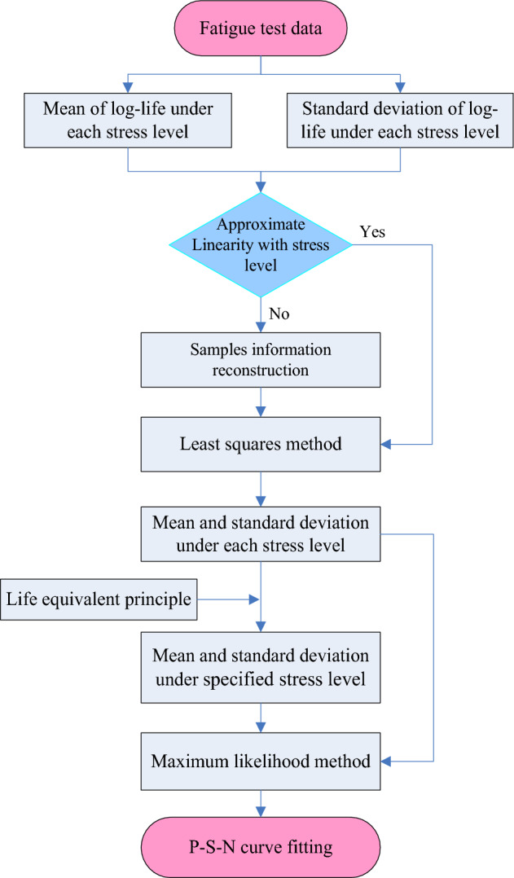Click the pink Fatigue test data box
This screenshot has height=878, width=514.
point(260,29)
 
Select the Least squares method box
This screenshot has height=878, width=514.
point(260,444)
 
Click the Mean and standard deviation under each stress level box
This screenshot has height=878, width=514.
point(260,533)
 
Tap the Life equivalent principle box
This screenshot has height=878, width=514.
point(99,601)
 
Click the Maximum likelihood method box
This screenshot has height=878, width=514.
point(260,762)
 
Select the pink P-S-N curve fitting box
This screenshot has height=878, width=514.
point(260,847)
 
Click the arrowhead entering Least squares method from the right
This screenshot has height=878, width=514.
point(387,445)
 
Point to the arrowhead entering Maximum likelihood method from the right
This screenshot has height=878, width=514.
point(387,762)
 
